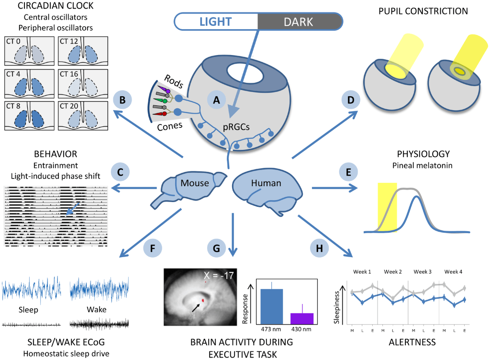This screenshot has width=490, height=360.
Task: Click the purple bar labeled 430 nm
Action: tap(301, 319)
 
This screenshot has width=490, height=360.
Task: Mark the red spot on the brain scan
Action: tap(203, 300)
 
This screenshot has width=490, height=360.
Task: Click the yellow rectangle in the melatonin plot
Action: tap(388, 206)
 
